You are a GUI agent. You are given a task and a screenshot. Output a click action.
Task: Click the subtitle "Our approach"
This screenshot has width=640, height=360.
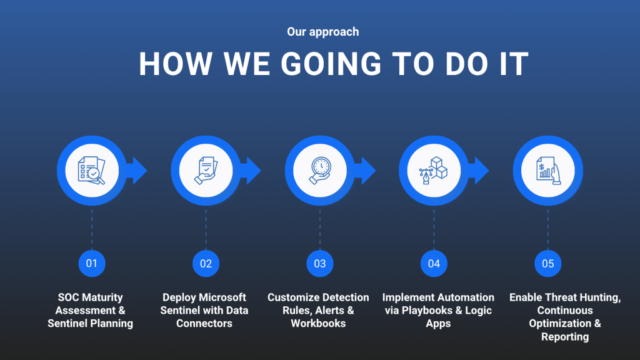tap(323, 32)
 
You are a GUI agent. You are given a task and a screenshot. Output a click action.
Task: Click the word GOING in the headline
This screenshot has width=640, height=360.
tap(331, 64)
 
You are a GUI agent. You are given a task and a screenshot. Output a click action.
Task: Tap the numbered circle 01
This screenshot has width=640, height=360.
tap(92, 264)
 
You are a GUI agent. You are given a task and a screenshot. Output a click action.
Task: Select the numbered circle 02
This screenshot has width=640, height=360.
tap(206, 264)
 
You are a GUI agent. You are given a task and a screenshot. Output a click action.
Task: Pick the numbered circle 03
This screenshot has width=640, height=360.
tap(319, 264)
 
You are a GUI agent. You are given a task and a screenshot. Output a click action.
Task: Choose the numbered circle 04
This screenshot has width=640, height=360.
tap(434, 264)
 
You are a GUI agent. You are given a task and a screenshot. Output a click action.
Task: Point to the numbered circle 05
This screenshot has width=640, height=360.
tap(547, 264)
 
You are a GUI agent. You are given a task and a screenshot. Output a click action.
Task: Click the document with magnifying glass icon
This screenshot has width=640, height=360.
tap(91, 171)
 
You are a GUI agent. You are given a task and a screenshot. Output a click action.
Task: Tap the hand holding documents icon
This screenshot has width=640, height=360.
tap(206, 171)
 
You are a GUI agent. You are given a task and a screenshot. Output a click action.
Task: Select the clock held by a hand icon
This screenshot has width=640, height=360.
tap(321, 171)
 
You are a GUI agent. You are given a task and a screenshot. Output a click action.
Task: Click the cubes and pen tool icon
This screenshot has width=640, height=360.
tap(434, 171)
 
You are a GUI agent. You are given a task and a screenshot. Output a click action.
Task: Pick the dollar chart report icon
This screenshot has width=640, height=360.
tap(548, 171)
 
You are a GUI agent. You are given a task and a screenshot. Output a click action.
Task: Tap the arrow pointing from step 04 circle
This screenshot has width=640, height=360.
tap(479, 171)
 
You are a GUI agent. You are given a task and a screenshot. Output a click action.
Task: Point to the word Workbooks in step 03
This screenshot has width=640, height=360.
tap(318, 323)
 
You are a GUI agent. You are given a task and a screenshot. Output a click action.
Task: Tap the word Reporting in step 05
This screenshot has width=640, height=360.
tap(565, 337)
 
